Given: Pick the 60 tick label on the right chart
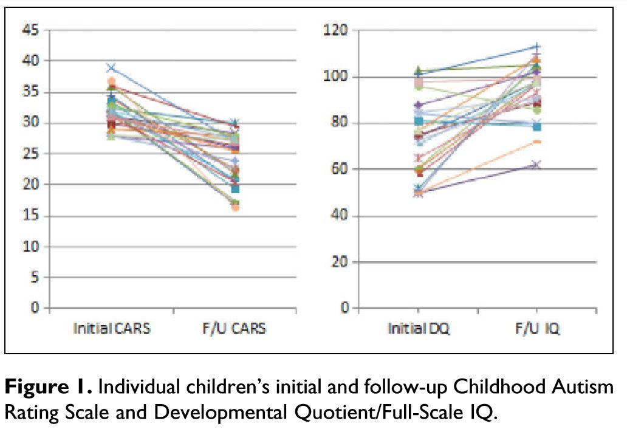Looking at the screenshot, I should [340, 170].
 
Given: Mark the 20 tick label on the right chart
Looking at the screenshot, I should [340, 262].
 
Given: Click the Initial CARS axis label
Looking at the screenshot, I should [112, 329].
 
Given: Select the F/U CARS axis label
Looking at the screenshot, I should [234, 329].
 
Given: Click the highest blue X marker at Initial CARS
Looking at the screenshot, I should [111, 67].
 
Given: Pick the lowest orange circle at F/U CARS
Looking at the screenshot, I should [235, 208].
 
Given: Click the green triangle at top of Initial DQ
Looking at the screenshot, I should [416, 70].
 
